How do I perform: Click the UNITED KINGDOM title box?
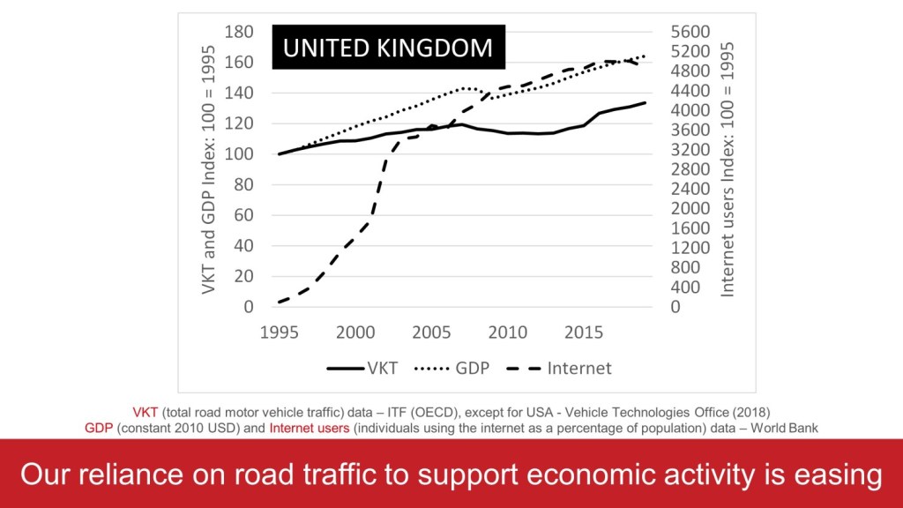(x=387, y=47)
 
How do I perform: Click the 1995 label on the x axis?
(x=280, y=332)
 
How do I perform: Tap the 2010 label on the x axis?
(x=508, y=332)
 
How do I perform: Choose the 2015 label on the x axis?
(x=584, y=332)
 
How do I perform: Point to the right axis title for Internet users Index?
(x=728, y=169)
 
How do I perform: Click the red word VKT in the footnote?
(x=146, y=411)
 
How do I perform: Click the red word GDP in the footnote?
(x=99, y=428)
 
